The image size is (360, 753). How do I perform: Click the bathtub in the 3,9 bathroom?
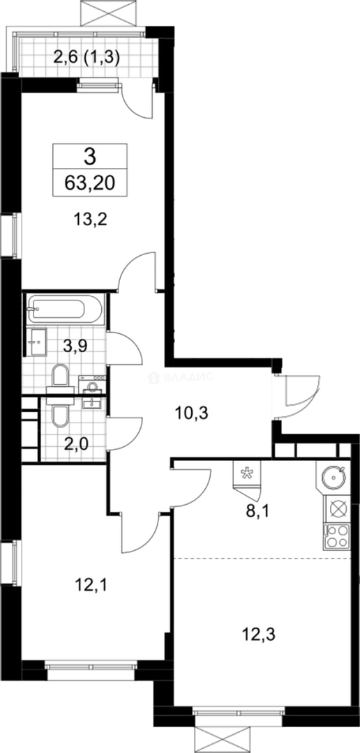(66, 308)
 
